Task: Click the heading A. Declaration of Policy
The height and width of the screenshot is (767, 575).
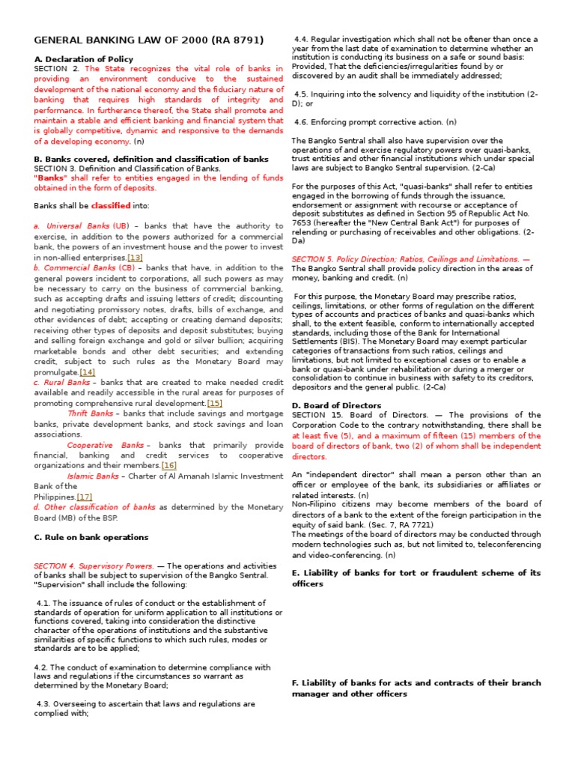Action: click(x=84, y=59)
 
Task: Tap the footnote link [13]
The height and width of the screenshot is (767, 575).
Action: click(x=135, y=257)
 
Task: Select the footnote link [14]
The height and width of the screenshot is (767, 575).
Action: click(x=88, y=372)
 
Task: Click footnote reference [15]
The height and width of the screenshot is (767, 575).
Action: click(x=214, y=403)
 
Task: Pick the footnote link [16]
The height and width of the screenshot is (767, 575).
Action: click(x=169, y=465)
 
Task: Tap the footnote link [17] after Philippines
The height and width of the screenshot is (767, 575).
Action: click(x=85, y=497)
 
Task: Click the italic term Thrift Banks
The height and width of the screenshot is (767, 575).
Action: click(x=91, y=413)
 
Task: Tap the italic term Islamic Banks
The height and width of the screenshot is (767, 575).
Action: click(x=93, y=476)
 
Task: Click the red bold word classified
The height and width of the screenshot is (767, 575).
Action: click(x=111, y=205)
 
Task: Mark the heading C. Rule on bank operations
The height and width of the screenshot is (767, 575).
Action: click(x=91, y=537)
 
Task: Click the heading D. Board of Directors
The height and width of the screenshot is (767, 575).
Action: click(x=336, y=405)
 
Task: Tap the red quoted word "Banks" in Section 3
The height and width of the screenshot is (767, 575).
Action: click(x=50, y=178)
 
